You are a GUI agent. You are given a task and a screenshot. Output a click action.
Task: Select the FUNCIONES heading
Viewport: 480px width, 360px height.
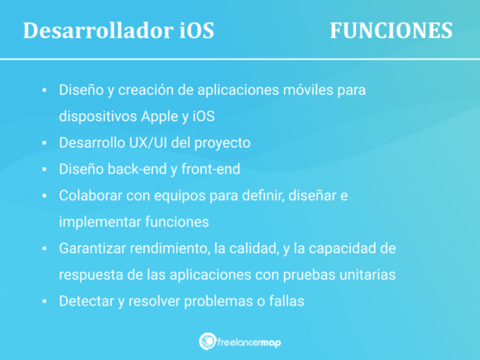point(391,31)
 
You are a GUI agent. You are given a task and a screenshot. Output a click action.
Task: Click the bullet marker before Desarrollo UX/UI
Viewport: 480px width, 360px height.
point(43,142)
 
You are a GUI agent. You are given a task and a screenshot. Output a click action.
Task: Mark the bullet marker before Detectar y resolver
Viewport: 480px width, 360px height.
point(43,301)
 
